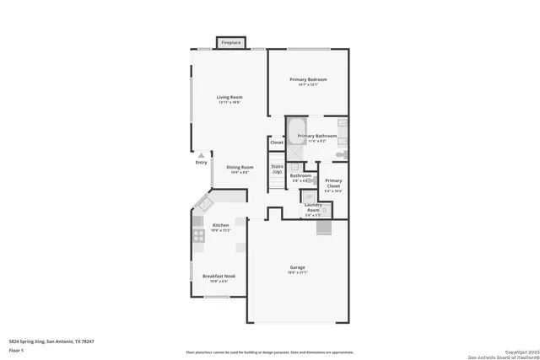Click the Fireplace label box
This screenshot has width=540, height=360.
(230, 42)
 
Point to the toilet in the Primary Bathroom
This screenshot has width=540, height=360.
(340, 154)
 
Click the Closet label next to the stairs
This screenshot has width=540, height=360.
(277, 142)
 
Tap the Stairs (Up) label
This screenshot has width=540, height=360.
(277, 169)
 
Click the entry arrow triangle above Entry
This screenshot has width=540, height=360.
(201, 155)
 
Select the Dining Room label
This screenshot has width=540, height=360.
(240, 168)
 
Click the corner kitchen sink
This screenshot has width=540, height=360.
(203, 204)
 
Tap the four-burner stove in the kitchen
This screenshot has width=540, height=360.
(197, 236)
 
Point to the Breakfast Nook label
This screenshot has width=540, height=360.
(219, 277)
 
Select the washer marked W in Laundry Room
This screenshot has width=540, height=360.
(309, 196)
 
